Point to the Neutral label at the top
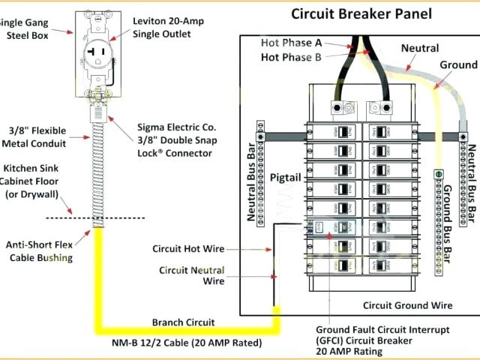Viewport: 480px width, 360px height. click(x=419, y=47)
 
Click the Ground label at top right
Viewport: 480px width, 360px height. click(x=458, y=65)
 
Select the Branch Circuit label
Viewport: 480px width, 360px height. click(x=183, y=322)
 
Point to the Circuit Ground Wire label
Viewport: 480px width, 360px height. click(x=407, y=305)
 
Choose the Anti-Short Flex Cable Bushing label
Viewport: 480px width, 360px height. click(x=40, y=251)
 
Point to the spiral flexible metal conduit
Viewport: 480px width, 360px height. click(x=98, y=172)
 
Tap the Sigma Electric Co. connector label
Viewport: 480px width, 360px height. click(x=175, y=140)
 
